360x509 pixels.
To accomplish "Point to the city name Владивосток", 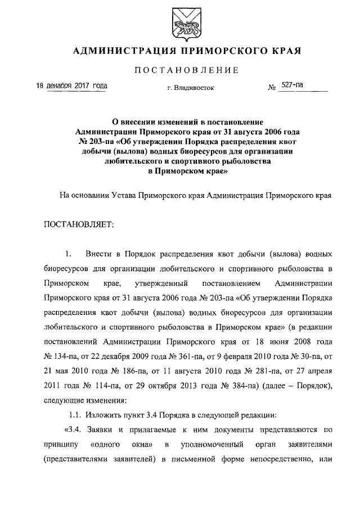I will [x=194, y=88].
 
